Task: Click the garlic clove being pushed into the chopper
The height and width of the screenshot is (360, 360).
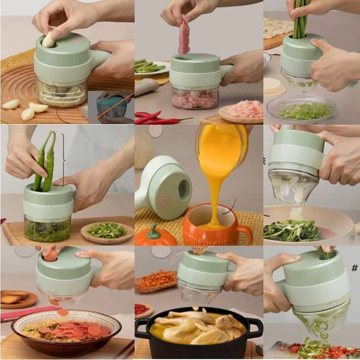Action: tap(48, 40)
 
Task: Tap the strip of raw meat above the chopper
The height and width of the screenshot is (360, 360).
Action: tap(184, 37)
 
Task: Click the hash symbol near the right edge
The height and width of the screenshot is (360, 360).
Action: tap(354, 268)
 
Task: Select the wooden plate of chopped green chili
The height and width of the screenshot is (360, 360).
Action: tap(107, 231)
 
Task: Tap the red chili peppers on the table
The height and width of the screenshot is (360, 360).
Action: tap(157, 118)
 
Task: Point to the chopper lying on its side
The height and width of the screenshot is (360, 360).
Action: tap(164, 188)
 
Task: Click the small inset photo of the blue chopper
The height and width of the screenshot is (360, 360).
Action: tap(111, 107)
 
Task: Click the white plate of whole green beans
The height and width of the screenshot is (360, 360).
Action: tap(151, 68)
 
